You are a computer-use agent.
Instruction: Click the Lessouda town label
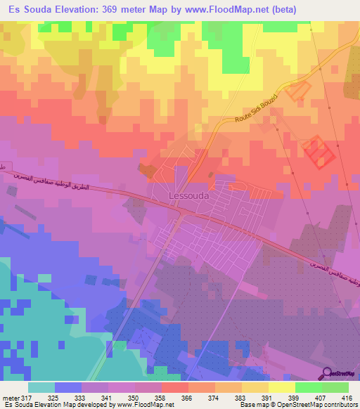[188, 197]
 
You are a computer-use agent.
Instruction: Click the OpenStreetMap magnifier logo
[328, 373]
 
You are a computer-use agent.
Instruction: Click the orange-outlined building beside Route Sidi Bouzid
[300, 89]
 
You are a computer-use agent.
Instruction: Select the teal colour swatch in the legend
[41, 387]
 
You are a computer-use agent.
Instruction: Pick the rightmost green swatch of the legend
[335, 387]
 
